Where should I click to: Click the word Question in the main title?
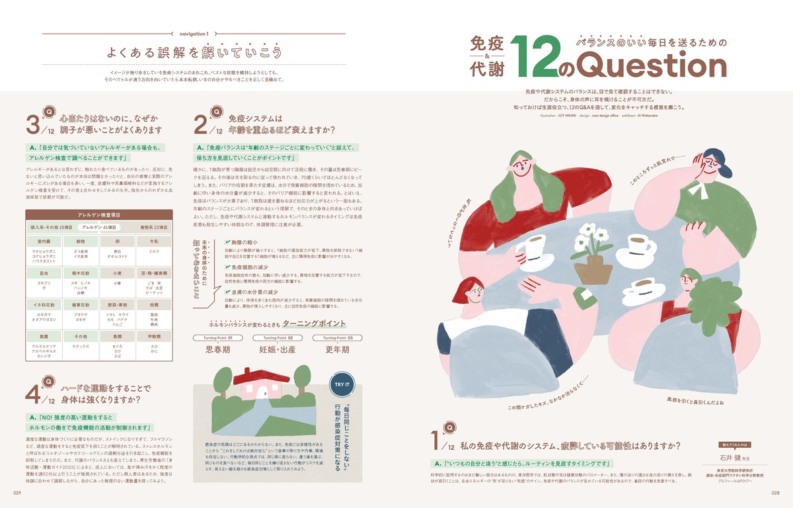click(x=652, y=66)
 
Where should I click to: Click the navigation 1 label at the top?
click(x=194, y=34)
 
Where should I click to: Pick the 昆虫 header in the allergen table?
click(x=44, y=273)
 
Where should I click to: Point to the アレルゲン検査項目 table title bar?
click(x=99, y=216)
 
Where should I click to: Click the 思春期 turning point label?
click(x=218, y=349)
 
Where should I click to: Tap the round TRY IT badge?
click(x=343, y=384)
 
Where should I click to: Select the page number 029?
click(x=18, y=492)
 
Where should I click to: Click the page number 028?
click(x=774, y=492)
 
